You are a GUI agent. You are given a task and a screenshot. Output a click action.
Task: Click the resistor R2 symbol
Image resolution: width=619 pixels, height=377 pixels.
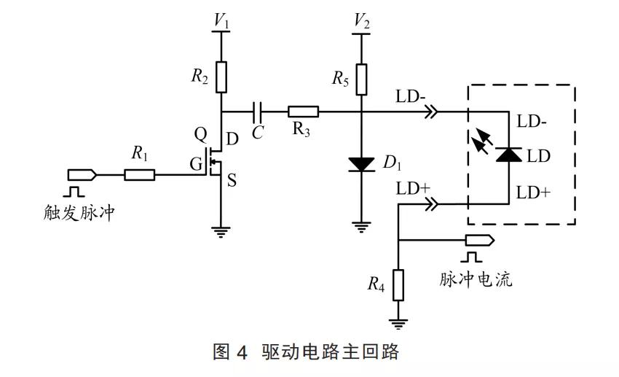tap(221, 76)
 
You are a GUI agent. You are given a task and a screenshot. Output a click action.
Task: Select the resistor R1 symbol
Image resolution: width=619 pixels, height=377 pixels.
tap(139, 175)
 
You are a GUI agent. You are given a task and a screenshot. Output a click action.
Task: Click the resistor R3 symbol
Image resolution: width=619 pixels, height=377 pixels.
tap(303, 112)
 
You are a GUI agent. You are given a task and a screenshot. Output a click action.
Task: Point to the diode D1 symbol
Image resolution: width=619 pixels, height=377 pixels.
tap(360, 164)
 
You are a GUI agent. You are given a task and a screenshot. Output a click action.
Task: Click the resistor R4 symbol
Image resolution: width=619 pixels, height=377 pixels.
tap(398, 284)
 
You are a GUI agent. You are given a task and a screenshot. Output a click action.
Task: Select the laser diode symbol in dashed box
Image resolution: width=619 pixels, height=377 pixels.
tap(508, 155)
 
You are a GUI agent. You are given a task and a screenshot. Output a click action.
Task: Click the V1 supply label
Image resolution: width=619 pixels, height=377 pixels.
tap(221, 22)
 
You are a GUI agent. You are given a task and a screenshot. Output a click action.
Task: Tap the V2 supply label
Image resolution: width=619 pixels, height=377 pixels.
tap(360, 22)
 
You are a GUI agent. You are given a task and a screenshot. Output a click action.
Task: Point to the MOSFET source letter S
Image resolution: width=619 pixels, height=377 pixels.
tap(232, 180)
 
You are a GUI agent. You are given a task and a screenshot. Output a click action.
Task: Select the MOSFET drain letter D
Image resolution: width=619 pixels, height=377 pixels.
tap(232, 139)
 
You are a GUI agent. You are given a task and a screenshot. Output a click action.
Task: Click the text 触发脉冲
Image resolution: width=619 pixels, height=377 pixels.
tap(79, 213)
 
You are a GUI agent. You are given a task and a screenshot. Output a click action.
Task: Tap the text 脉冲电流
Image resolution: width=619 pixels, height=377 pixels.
tap(476, 279)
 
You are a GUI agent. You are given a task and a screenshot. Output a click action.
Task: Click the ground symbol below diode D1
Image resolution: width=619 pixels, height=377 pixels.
tap(360, 225)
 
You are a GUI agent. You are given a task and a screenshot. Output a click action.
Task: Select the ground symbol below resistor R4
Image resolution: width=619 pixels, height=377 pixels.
tap(398, 322)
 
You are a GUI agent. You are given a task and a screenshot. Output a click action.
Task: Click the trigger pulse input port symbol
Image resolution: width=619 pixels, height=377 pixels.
tap(81, 175)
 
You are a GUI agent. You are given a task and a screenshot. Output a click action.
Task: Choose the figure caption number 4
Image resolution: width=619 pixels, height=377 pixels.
tap(243, 352)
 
